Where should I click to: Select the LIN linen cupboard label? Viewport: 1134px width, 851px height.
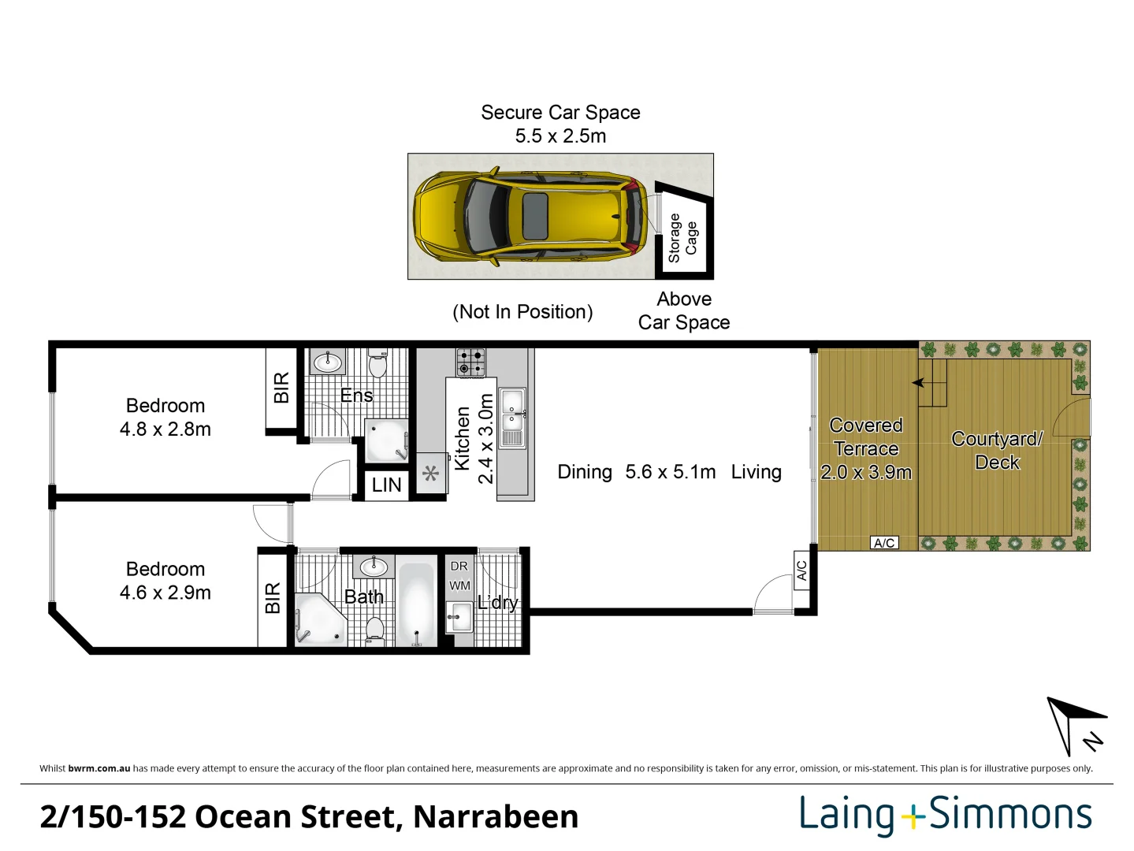[386, 485]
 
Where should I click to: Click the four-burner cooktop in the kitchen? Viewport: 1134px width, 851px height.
[470, 362]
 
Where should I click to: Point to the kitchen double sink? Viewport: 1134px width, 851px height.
[512, 418]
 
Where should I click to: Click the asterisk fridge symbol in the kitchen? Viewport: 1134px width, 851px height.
[430, 474]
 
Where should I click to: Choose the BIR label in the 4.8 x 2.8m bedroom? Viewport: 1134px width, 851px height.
[281, 388]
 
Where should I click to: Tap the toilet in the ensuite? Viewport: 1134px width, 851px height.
[377, 364]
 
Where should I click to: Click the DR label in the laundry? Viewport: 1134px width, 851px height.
[459, 566]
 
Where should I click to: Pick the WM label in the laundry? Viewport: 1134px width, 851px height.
[459, 585]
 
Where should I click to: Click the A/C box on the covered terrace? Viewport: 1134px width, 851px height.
[884, 543]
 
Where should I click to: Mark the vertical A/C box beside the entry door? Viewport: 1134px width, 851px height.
[801, 570]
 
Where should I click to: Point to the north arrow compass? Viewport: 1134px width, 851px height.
[1073, 726]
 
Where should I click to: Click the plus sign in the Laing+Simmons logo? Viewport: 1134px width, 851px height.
[912, 817]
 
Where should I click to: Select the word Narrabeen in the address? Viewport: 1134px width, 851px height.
[496, 817]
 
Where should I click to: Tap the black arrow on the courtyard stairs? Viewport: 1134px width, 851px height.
[918, 383]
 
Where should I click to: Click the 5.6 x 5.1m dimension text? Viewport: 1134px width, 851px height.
[671, 472]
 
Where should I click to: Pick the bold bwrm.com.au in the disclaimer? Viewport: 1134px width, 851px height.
[99, 768]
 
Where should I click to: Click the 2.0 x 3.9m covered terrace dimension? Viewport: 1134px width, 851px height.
[865, 473]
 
